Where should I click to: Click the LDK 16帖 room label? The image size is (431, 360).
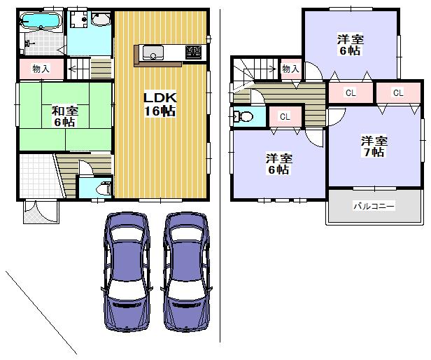point(160,104)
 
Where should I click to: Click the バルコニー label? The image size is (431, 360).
point(373,206)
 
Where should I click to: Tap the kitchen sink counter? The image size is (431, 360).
point(153,53)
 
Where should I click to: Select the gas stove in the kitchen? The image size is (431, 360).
point(193,52)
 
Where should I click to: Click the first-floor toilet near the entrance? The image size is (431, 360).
point(102,188)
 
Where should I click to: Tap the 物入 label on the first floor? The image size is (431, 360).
point(41,69)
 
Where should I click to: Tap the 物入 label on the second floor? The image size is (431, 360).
point(291,69)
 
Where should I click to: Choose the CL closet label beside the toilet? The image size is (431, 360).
point(285,117)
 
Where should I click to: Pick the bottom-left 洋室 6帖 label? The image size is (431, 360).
point(278,163)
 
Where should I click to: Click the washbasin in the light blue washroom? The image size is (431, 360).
point(99,20)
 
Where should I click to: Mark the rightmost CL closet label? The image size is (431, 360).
point(397,92)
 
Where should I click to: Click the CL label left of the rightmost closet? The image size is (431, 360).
point(351,92)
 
